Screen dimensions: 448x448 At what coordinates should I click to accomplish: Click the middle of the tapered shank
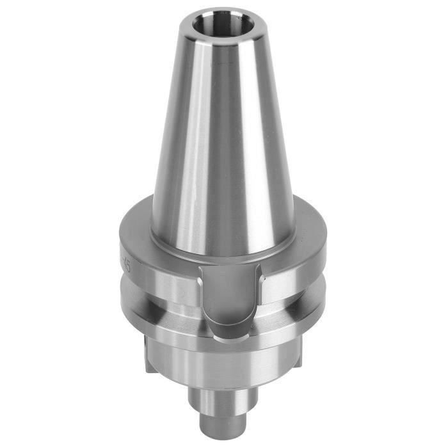224,141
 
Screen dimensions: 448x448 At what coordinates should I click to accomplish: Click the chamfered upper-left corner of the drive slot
204,271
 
